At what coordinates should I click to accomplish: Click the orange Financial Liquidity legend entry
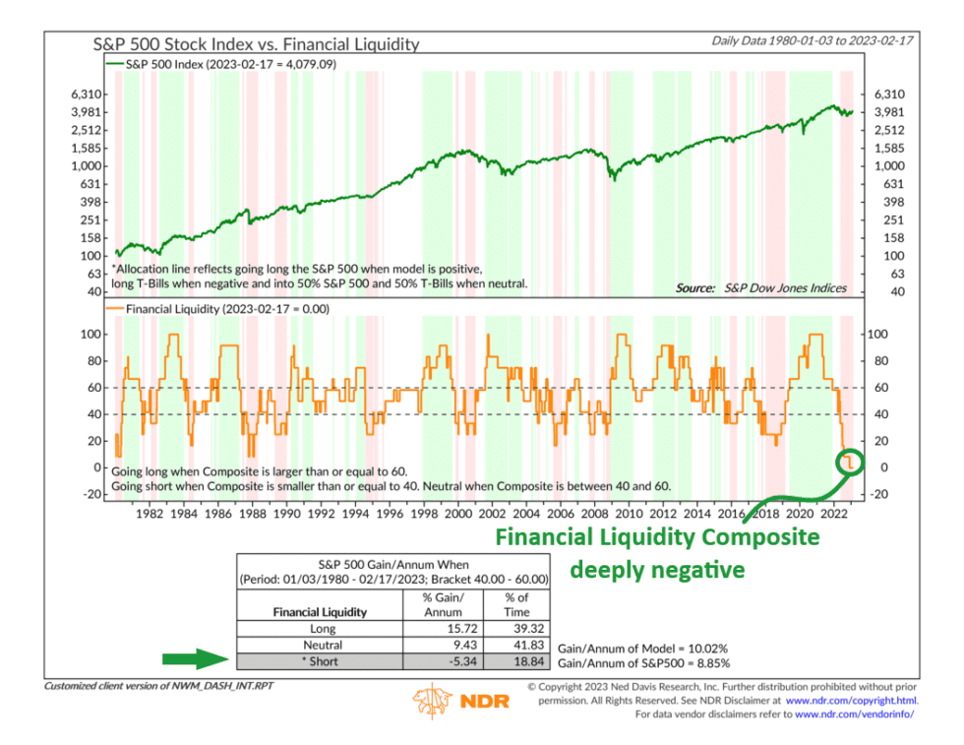(x=221, y=308)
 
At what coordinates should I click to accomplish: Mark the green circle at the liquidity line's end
(x=849, y=461)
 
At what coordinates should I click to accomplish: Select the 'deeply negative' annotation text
(x=657, y=568)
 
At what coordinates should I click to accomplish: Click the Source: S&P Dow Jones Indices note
(x=760, y=287)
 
